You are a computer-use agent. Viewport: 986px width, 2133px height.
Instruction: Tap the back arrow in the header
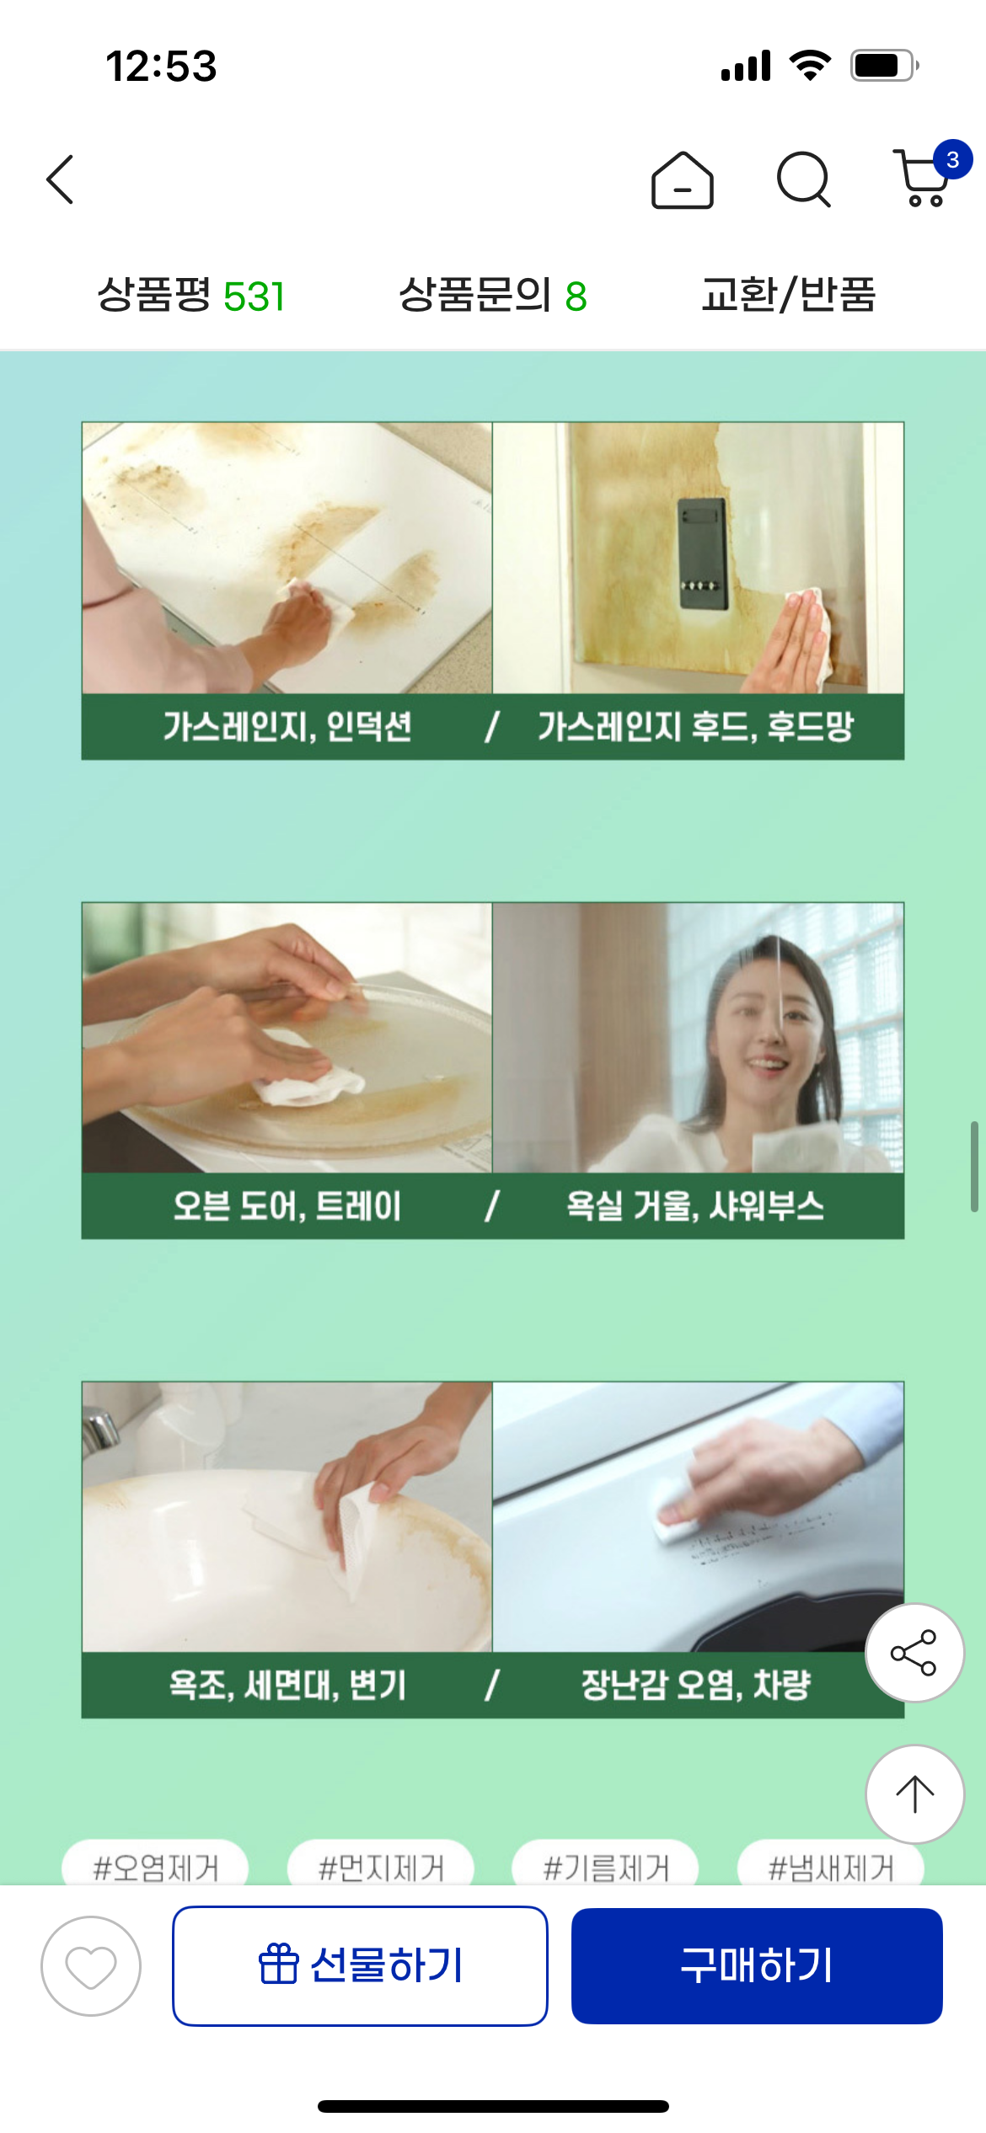pyautogui.click(x=60, y=179)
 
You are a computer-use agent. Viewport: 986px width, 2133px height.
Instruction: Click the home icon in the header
pyautogui.click(x=683, y=179)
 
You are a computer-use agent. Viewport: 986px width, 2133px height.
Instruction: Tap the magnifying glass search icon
pyautogui.click(x=804, y=179)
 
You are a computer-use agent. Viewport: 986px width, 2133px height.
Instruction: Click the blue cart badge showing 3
pyautogui.click(x=952, y=159)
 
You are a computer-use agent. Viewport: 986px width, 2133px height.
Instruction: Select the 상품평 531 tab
pyautogui.click(x=191, y=296)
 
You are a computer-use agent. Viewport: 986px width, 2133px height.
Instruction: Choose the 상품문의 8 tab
pyautogui.click(x=493, y=296)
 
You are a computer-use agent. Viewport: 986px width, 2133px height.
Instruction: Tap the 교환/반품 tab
pyautogui.click(x=789, y=296)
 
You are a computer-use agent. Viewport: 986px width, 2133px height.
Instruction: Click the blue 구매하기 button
pyautogui.click(x=757, y=1965)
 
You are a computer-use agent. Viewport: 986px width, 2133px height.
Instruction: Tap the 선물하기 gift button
pyautogui.click(x=361, y=1965)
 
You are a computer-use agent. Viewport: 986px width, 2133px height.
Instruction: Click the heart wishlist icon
pyautogui.click(x=91, y=1966)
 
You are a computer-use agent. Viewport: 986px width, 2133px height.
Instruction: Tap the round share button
pyautogui.click(x=914, y=1653)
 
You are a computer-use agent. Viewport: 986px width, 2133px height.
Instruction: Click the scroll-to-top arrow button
pyautogui.click(x=914, y=1794)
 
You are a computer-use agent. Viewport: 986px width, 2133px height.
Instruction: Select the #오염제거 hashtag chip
pyautogui.click(x=156, y=1863)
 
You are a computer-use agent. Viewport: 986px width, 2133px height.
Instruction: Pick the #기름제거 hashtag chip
pyautogui.click(x=606, y=1863)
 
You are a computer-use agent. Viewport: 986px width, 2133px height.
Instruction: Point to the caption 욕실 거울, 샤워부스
pyautogui.click(x=695, y=1206)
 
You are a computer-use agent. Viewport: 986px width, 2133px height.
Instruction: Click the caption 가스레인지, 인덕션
pyautogui.click(x=287, y=726)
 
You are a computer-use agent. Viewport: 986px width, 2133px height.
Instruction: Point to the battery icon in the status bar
pyautogui.click(x=884, y=66)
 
